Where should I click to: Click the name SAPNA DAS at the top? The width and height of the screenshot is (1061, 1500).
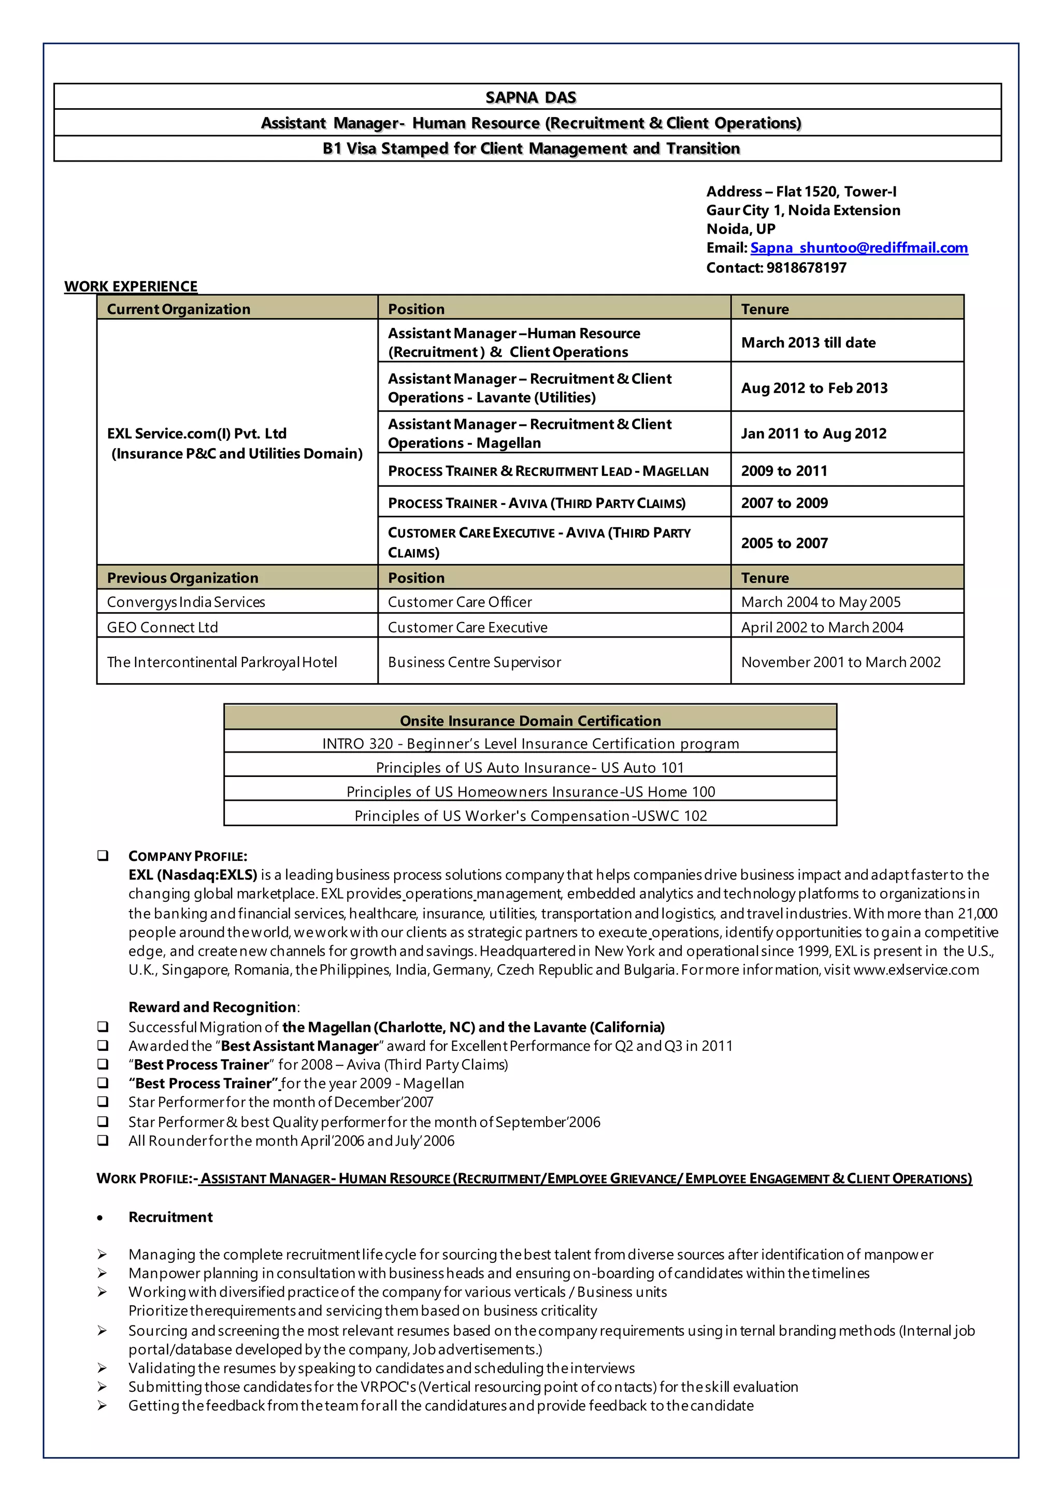[x=530, y=97]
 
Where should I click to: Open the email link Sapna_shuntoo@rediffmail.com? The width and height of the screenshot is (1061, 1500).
[x=858, y=248]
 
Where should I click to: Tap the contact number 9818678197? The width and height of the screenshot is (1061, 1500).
[x=806, y=267]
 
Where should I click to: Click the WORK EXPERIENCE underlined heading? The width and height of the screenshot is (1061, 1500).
[x=131, y=286]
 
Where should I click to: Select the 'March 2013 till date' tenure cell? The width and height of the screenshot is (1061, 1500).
[x=808, y=342]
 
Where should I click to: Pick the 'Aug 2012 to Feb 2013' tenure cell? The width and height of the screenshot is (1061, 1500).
[x=814, y=387]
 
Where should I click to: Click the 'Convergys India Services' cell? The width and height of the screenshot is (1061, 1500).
[x=186, y=602]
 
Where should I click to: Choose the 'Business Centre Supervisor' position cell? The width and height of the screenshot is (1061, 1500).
[x=475, y=662]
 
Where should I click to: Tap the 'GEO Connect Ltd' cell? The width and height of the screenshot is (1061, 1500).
[x=163, y=627]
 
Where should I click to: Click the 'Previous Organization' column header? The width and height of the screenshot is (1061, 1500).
[x=183, y=578]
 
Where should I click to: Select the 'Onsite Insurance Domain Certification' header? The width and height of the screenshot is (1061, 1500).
[x=530, y=720]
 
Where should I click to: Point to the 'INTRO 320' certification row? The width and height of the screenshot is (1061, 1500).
[x=530, y=743]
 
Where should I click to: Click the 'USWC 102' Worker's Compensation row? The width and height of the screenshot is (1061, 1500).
[x=530, y=815]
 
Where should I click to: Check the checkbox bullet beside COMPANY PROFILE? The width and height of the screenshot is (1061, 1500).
[x=103, y=855]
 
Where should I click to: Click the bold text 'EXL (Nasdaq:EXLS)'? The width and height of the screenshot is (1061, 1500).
[x=193, y=875]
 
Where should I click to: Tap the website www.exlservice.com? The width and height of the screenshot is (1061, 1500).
[x=916, y=970]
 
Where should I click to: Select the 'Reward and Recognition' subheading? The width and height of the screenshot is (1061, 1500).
[x=212, y=1007]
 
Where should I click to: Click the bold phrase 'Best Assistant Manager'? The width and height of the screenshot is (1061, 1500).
[x=300, y=1045]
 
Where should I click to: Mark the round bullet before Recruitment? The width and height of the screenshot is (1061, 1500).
[x=100, y=1218]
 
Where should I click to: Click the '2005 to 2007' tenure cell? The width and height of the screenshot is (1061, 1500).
[x=784, y=543]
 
